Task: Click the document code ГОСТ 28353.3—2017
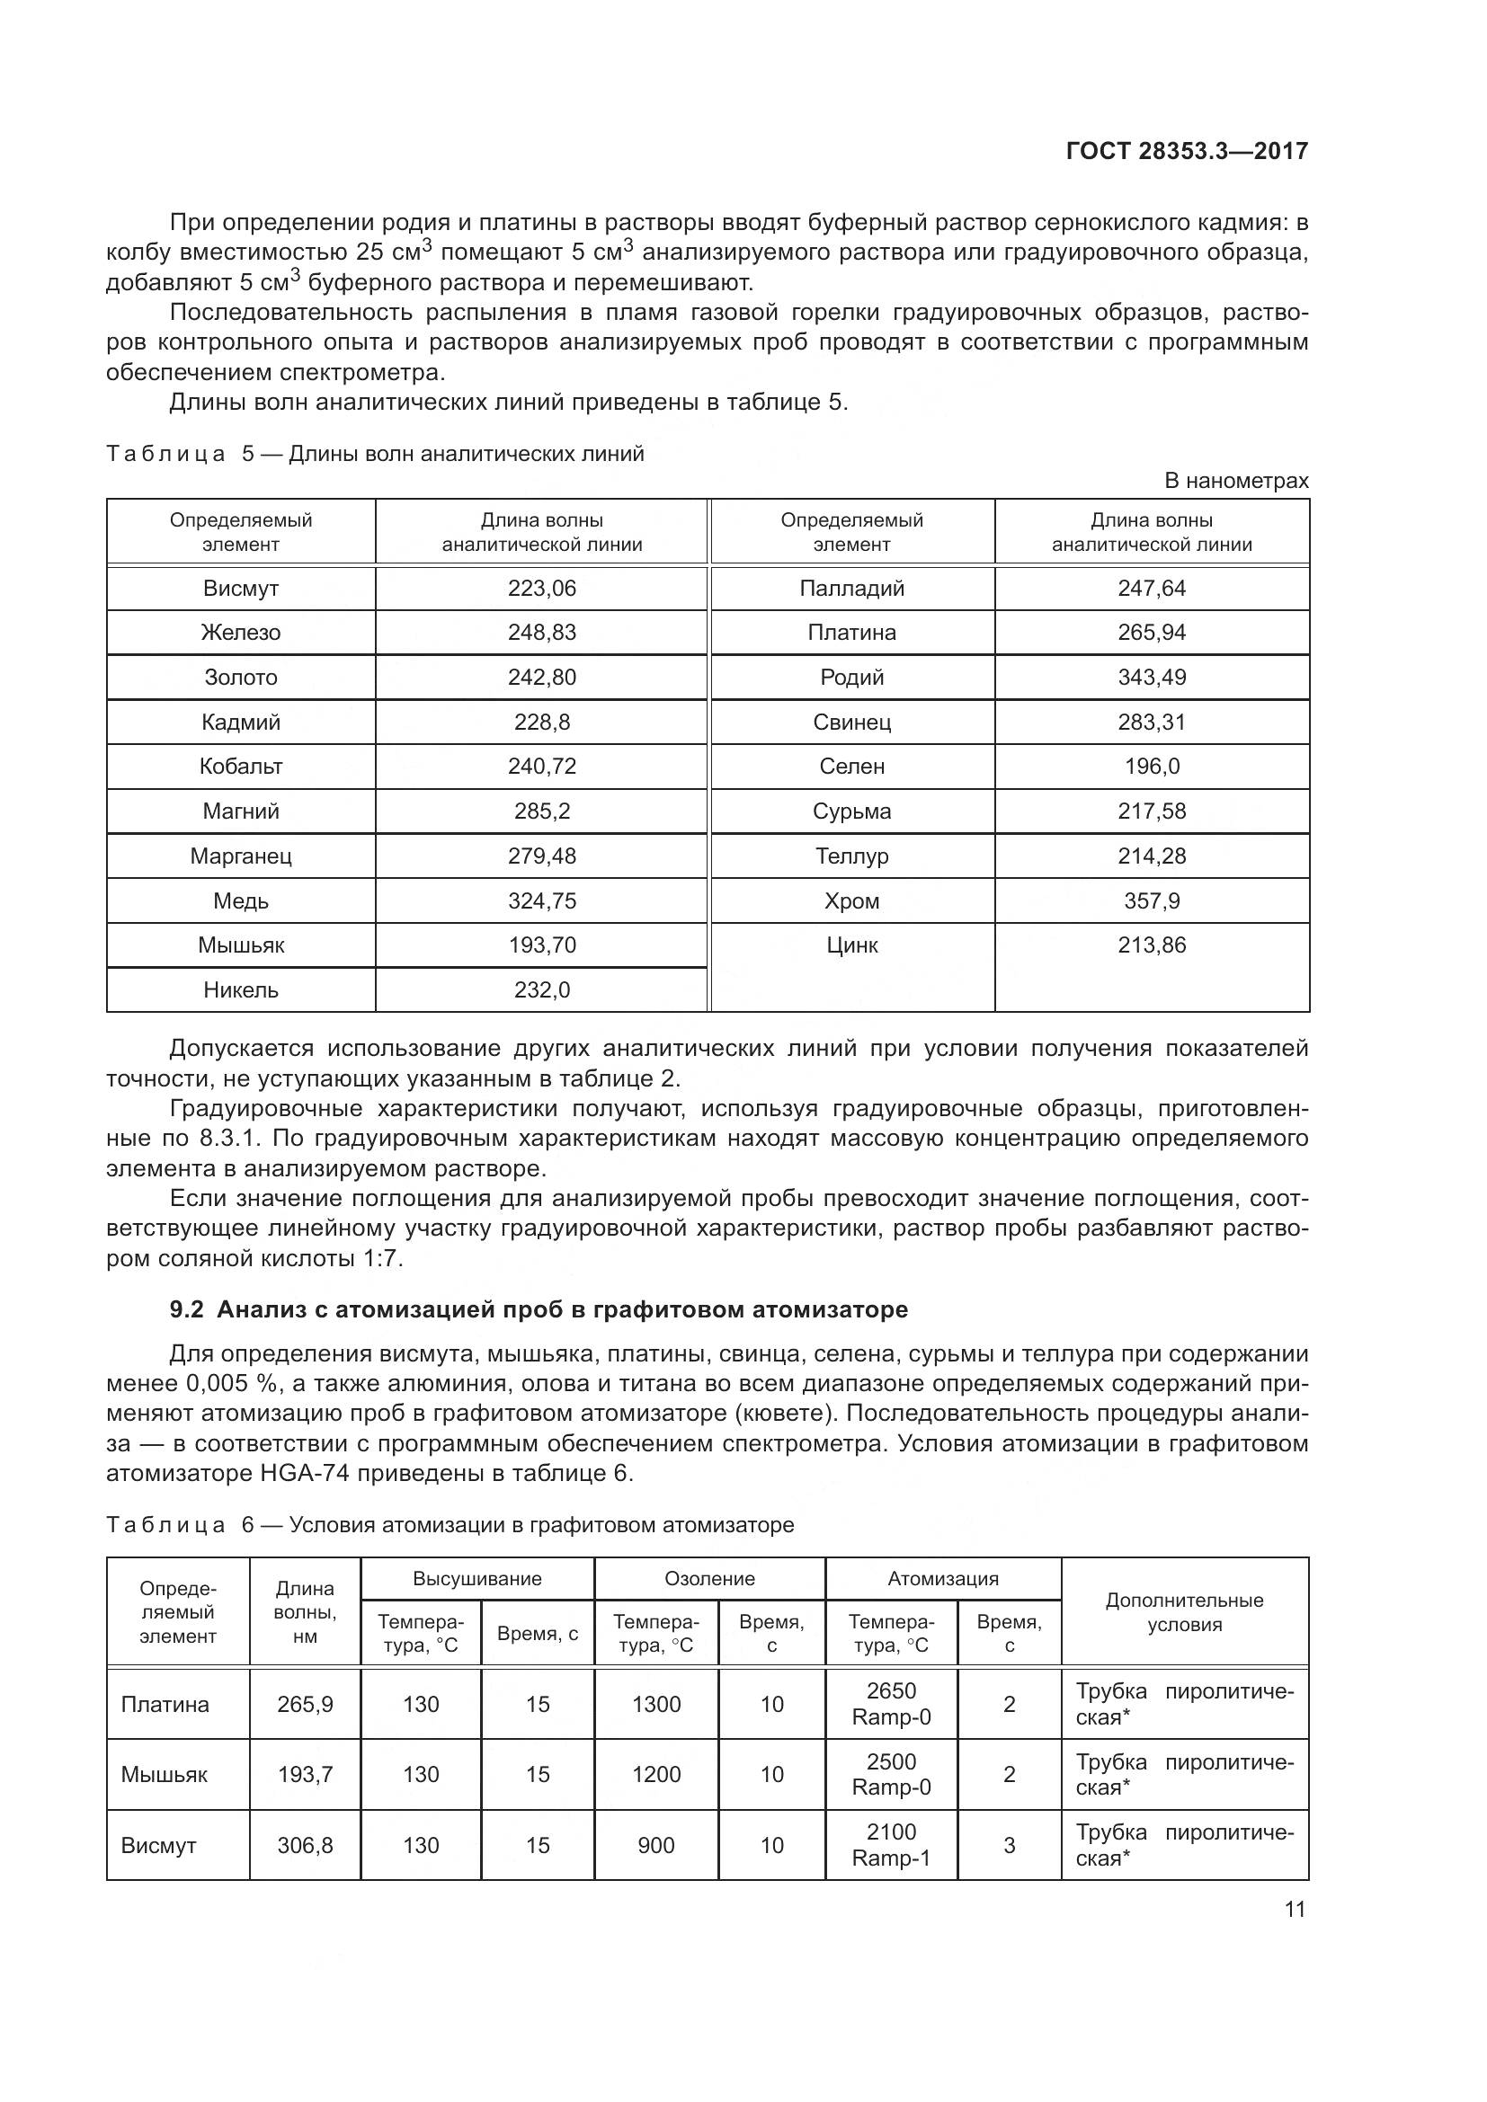click(1187, 151)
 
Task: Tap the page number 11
click(1294, 1909)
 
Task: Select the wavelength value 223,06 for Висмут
click(542, 589)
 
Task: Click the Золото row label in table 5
click(241, 678)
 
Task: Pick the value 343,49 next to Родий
click(1151, 678)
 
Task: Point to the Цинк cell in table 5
click(851, 945)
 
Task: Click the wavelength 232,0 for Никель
click(542, 989)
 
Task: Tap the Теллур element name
click(851, 856)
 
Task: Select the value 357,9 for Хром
click(1151, 900)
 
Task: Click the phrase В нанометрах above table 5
click(1235, 481)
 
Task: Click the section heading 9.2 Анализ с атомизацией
click(539, 1310)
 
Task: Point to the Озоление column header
click(709, 1578)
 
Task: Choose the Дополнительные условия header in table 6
click(1184, 1612)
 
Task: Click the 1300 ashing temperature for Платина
click(656, 1704)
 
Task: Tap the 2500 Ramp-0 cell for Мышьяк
click(891, 1774)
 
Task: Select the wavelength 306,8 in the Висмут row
click(305, 1845)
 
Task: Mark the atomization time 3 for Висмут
click(1009, 1845)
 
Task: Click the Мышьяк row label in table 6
click(165, 1774)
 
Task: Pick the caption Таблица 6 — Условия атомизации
click(450, 1525)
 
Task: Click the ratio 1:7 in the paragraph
click(382, 1259)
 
